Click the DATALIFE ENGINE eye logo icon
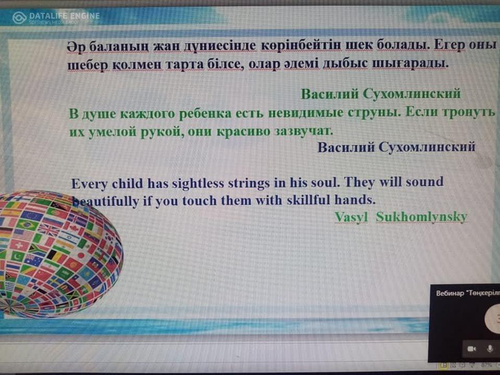coord(19,18)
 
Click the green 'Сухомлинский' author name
coord(411,94)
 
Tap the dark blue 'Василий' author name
coord(346,147)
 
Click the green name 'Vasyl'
coord(351,217)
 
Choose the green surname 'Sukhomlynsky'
coord(421,217)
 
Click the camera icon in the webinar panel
coord(472,349)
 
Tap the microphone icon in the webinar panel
coord(490,348)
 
